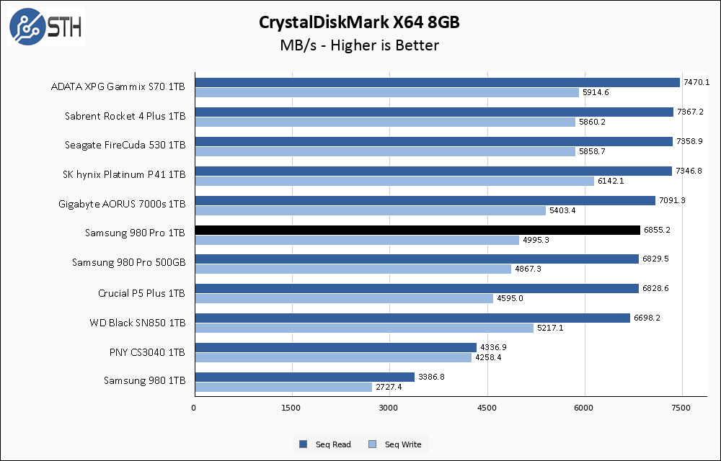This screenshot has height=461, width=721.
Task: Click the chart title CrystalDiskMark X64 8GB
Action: pyautogui.click(x=360, y=22)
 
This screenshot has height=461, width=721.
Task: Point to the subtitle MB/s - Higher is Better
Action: pyautogui.click(x=360, y=45)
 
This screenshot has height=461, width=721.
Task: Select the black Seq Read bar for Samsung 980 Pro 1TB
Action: pyautogui.click(x=417, y=230)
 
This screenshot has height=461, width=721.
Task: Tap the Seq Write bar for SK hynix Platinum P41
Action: pyautogui.click(x=394, y=181)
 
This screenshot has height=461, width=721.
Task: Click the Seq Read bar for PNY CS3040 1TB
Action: pyautogui.click(x=335, y=347)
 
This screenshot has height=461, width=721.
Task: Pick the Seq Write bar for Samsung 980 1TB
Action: pyautogui.click(x=283, y=387)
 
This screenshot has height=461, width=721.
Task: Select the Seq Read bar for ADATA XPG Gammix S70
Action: pyautogui.click(x=437, y=82)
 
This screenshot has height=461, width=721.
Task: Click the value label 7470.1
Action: pyautogui.click(x=696, y=83)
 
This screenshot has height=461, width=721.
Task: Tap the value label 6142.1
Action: pyautogui.click(x=610, y=181)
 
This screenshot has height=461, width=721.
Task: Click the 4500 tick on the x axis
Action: pyautogui.click(x=487, y=408)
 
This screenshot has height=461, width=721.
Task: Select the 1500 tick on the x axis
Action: pyautogui.click(x=292, y=408)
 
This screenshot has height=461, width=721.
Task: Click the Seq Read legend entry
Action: pyautogui.click(x=325, y=444)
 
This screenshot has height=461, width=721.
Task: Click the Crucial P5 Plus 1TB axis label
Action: pyautogui.click(x=141, y=293)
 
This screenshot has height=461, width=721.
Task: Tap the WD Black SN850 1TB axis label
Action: pyautogui.click(x=138, y=323)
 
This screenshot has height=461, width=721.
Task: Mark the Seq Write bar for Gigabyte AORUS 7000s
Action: pyautogui.click(x=370, y=210)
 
